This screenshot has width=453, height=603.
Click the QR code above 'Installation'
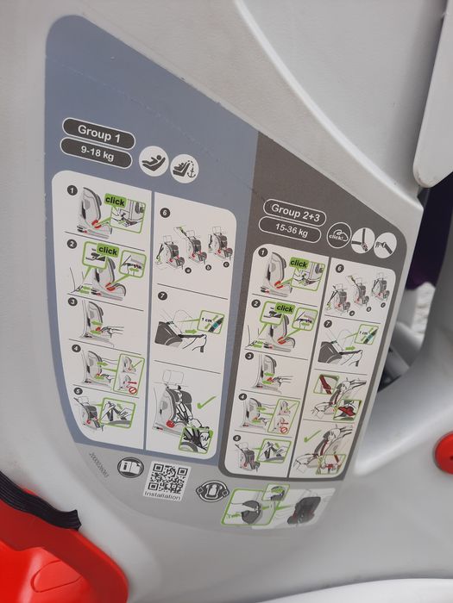coord(168,476)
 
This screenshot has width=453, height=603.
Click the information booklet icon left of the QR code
coord(129,468)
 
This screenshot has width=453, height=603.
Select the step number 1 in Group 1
coord(73,190)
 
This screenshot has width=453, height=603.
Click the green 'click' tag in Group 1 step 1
coord(115,201)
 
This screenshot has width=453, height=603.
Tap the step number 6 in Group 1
coord(164,212)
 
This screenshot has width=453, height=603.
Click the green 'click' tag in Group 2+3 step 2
coord(285,308)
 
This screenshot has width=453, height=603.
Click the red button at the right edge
coord(445,451)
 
